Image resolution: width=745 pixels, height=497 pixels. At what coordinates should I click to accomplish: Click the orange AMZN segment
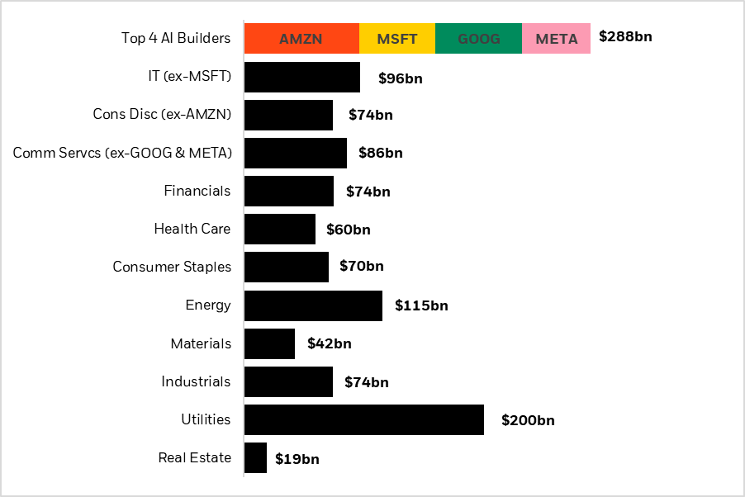pos(301,39)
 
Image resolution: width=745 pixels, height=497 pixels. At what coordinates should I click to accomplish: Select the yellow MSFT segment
pos(397,39)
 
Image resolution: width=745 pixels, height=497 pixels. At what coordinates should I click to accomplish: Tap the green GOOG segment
pos(478,39)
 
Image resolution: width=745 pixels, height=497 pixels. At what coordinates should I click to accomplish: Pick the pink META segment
pos(556,39)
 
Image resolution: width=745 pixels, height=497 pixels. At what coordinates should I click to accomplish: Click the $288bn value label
pos(625,37)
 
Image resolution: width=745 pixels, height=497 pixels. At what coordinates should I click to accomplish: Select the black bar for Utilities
pos(363,419)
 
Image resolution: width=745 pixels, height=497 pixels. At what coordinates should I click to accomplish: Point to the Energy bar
pos(313,305)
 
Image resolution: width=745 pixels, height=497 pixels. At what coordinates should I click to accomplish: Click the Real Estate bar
pos(255,457)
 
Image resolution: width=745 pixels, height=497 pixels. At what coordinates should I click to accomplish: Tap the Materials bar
pos(269,343)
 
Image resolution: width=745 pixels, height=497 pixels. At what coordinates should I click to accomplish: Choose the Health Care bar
pos(280,229)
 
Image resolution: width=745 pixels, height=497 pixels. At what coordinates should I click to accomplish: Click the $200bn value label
pos(528,420)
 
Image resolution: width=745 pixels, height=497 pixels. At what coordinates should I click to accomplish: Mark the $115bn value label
pos(421,305)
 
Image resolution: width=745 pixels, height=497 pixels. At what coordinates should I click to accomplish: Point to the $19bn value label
pos(297,459)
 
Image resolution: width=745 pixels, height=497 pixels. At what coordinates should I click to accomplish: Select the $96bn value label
pos(401,79)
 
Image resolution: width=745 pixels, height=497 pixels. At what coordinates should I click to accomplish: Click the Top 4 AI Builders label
pos(176,38)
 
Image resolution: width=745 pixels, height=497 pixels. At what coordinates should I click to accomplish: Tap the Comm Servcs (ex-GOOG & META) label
pos(122,153)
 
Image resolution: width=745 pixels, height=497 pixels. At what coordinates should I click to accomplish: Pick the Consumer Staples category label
pos(172,267)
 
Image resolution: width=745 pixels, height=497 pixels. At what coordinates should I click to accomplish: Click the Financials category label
pos(197,191)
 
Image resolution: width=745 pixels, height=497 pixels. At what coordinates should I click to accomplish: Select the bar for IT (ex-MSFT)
pos(302,77)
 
